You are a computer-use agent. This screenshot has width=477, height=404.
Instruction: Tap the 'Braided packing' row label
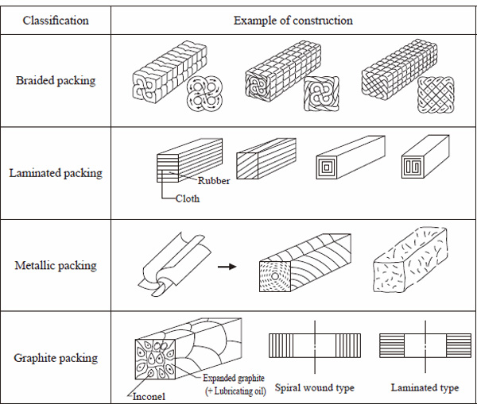point(56,80)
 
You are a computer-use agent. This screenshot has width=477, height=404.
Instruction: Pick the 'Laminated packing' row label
point(56,172)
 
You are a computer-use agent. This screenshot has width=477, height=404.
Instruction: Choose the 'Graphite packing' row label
point(56,357)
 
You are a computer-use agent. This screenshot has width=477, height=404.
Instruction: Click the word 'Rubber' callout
point(215,181)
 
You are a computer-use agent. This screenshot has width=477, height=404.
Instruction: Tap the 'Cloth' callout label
point(188,199)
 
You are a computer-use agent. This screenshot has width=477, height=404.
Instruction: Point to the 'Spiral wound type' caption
point(314,388)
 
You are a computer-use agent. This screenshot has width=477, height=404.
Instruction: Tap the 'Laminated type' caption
point(425,388)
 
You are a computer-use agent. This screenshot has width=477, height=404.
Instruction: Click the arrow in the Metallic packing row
point(228,267)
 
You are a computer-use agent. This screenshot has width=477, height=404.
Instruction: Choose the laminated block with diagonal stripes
point(266,161)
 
